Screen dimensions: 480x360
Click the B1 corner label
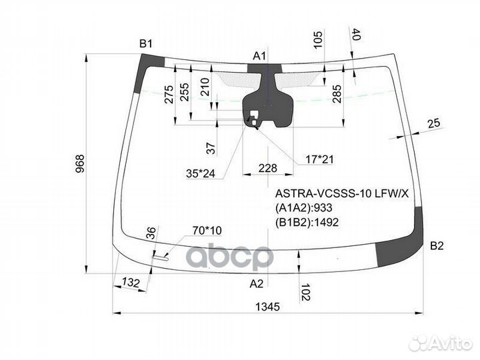click(146, 44)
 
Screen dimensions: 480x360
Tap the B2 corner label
click(437, 246)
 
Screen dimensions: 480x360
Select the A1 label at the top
click(259, 56)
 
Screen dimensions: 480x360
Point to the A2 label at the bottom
click(256, 284)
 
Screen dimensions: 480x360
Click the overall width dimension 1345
click(267, 307)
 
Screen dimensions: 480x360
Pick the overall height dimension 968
click(79, 164)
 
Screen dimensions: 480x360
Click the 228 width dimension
click(268, 168)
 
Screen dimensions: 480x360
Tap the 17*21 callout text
click(319, 159)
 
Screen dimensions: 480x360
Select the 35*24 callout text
click(201, 173)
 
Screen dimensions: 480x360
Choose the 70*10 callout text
click(207, 230)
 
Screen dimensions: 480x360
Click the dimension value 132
click(131, 283)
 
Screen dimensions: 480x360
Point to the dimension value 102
click(306, 293)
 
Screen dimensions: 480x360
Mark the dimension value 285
click(337, 94)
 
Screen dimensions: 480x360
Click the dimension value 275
click(169, 94)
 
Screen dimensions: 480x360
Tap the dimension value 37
click(211, 148)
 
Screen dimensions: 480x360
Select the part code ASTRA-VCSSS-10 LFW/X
click(341, 193)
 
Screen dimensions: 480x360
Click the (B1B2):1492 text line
click(307, 222)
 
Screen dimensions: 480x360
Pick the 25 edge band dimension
click(434, 123)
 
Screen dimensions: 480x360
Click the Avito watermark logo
click(441, 343)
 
